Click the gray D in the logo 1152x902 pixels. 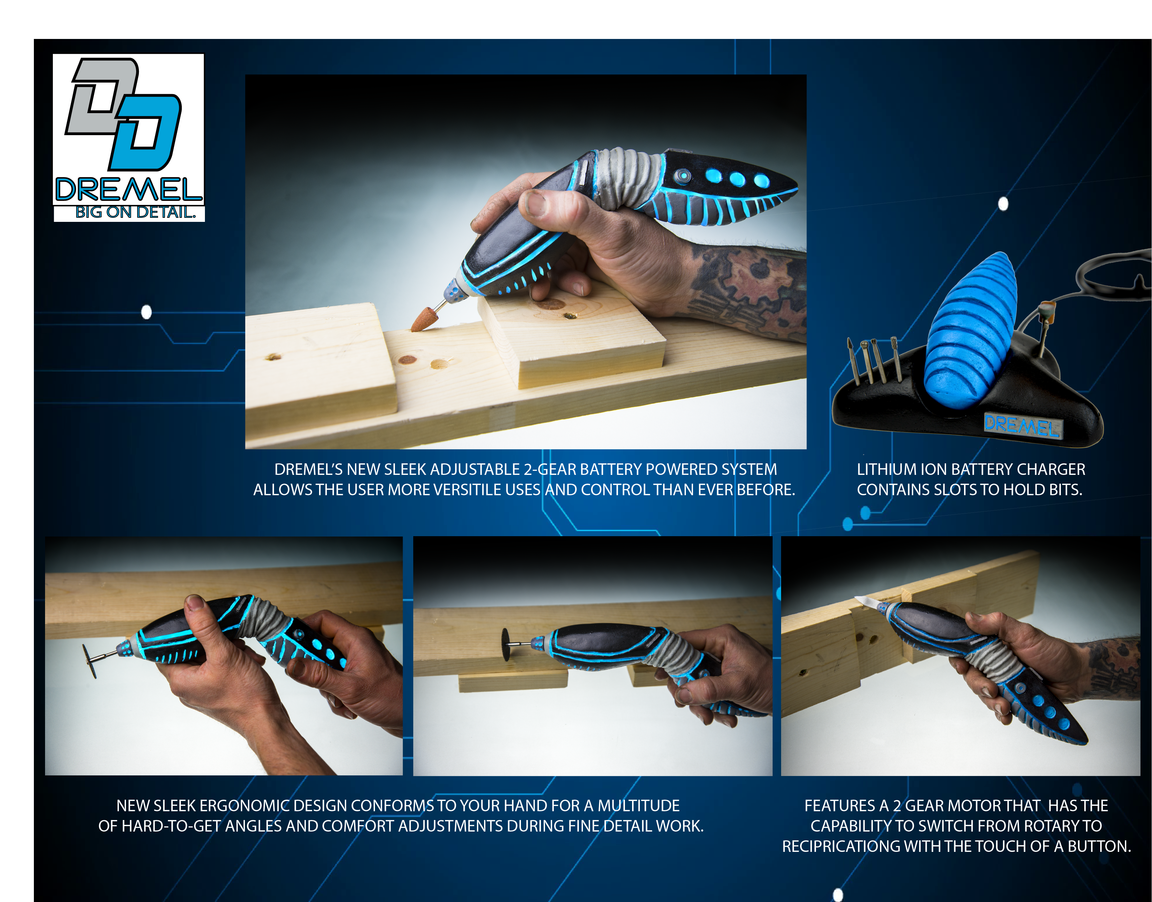[100, 95]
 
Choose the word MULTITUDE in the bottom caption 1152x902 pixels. [638, 805]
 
